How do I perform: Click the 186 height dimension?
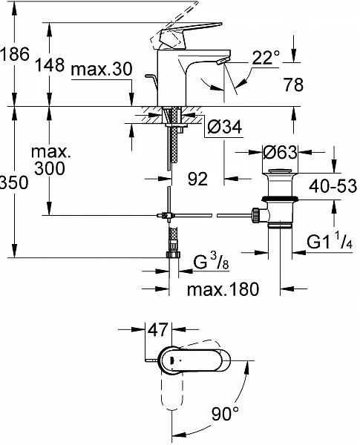coord(15,53)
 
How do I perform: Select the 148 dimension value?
coord(50,65)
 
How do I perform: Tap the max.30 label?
coord(102,69)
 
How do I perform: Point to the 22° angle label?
coord(266,58)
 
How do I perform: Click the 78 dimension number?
coord(294,85)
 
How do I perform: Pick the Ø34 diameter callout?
coord(225,127)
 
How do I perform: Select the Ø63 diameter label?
coord(280,152)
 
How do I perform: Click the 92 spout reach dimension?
coord(197,179)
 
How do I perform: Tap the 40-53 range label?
coord(333,186)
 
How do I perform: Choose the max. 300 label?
coord(51,160)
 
